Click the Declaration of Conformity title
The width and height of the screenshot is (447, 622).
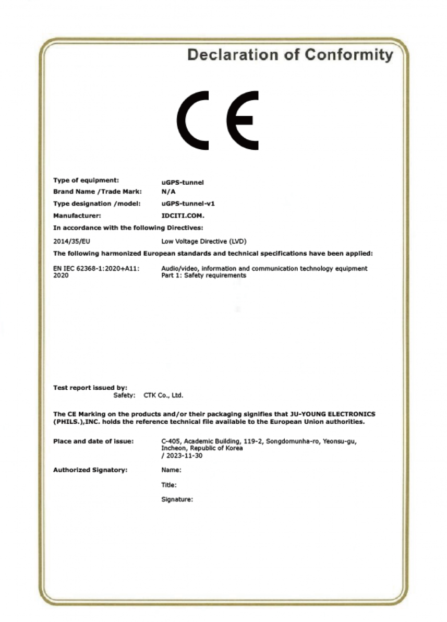[x=290, y=55]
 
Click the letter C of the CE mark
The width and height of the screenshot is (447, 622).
[x=193, y=120]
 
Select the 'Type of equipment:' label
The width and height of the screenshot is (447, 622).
[x=86, y=181]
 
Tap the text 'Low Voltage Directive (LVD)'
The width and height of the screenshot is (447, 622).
[x=204, y=242]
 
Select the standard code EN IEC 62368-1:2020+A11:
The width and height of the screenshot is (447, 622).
[x=96, y=269]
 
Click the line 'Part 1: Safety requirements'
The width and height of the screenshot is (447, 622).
[x=204, y=276]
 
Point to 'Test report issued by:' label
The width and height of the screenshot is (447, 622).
[x=90, y=388]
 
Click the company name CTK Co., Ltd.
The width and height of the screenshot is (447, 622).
[x=163, y=396]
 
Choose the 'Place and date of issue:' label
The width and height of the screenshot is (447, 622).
[x=93, y=441]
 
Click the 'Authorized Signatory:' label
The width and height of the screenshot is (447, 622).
[x=90, y=470]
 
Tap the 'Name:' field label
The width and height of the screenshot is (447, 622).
[x=171, y=470]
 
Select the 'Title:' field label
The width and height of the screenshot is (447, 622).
[x=169, y=485]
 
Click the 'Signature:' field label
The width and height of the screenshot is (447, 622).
[x=177, y=499]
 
